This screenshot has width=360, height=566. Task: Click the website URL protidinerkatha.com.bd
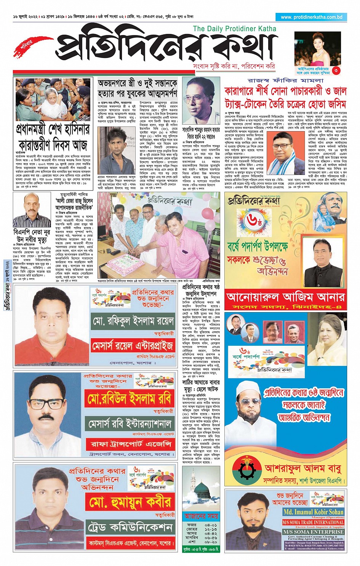coord(311,17)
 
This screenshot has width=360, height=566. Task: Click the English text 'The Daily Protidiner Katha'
coord(234,29)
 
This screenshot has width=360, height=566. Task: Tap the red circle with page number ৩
coord(336,70)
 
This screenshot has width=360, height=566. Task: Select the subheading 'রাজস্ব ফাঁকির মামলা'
coord(285,81)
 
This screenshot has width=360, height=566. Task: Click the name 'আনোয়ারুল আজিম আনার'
coord(285,297)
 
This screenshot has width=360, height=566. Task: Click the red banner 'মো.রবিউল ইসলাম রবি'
coord(129,399)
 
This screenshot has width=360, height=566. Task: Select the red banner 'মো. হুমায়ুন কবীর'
coord(130,502)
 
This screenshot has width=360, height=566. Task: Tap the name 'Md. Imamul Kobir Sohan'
coord(313,512)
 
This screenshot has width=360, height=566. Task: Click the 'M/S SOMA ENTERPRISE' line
coord(313,532)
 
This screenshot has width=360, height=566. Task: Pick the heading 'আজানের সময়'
coord(201,516)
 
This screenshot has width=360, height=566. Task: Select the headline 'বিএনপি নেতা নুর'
coord(32,232)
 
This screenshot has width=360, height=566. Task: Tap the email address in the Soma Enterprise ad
coord(314,548)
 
